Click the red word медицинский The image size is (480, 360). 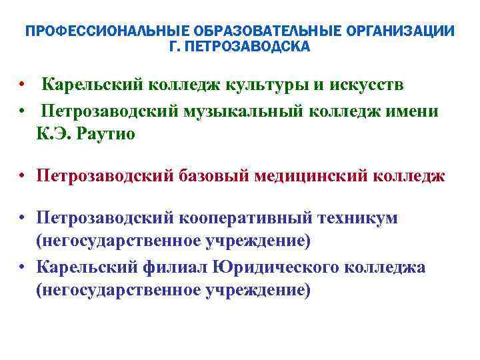(313, 177)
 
